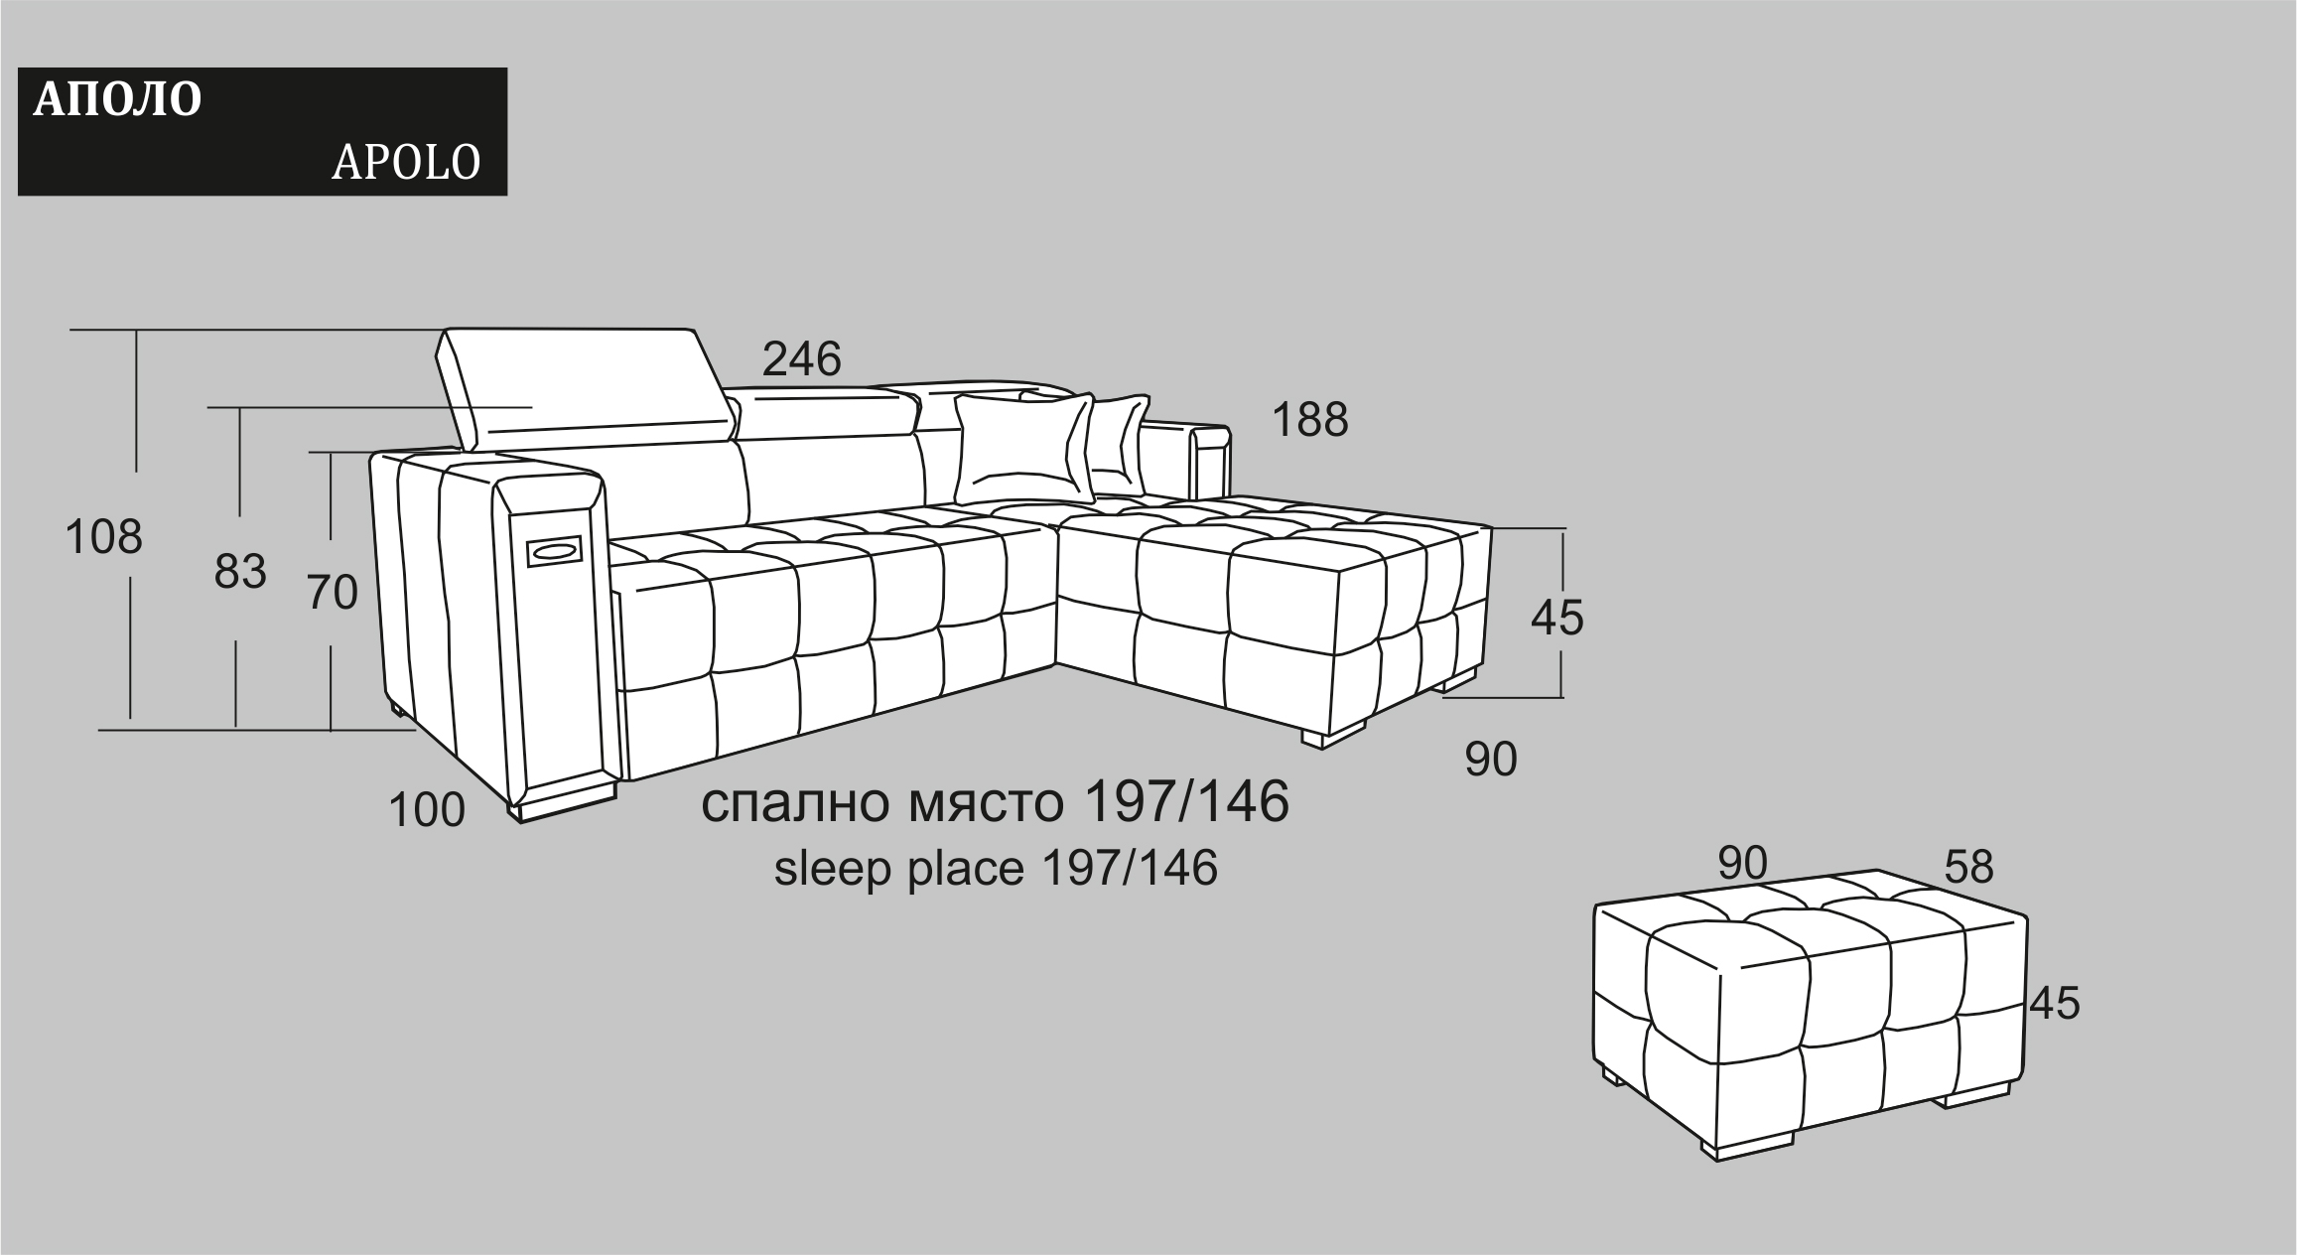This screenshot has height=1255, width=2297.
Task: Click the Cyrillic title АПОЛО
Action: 117,100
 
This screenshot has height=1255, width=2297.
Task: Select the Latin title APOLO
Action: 406,163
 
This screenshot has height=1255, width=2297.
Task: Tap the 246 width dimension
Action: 801,358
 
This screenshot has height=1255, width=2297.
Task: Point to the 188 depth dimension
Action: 1310,420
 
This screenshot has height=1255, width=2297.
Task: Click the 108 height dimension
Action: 103,537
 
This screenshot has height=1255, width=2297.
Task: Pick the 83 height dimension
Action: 240,572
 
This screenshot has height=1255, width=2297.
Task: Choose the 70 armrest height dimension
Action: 332,593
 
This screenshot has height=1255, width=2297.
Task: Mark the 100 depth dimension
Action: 427,810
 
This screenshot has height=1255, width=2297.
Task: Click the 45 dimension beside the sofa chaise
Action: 1556,618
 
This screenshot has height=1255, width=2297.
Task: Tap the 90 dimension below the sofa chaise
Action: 1491,760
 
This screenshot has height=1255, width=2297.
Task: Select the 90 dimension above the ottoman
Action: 1742,863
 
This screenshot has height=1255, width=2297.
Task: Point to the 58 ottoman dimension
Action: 1968,867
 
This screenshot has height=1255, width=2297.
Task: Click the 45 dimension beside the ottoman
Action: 2054,1003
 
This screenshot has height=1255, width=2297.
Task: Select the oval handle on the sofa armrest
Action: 553,550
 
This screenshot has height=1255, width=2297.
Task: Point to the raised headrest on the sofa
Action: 587,387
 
